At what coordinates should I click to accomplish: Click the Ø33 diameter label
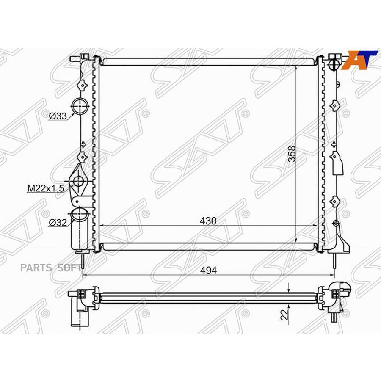tap(58, 116)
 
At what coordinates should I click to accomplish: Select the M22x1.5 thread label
tap(46, 189)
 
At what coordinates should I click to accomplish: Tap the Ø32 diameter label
tap(58, 223)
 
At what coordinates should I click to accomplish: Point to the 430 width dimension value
tap(208, 221)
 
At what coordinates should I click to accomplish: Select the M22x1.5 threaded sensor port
tap(79, 182)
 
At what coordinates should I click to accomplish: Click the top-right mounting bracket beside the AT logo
tap(334, 61)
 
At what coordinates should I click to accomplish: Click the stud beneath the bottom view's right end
tap(334, 318)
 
